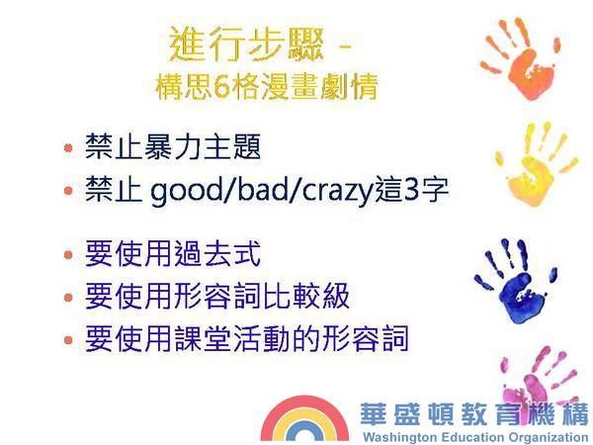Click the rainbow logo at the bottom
[x=304, y=418]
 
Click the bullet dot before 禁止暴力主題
[x=68, y=147]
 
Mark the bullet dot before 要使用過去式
[x=68, y=254]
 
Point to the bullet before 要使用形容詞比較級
[x=68, y=297]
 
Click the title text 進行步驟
[x=246, y=44]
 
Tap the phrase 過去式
[x=217, y=253]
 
